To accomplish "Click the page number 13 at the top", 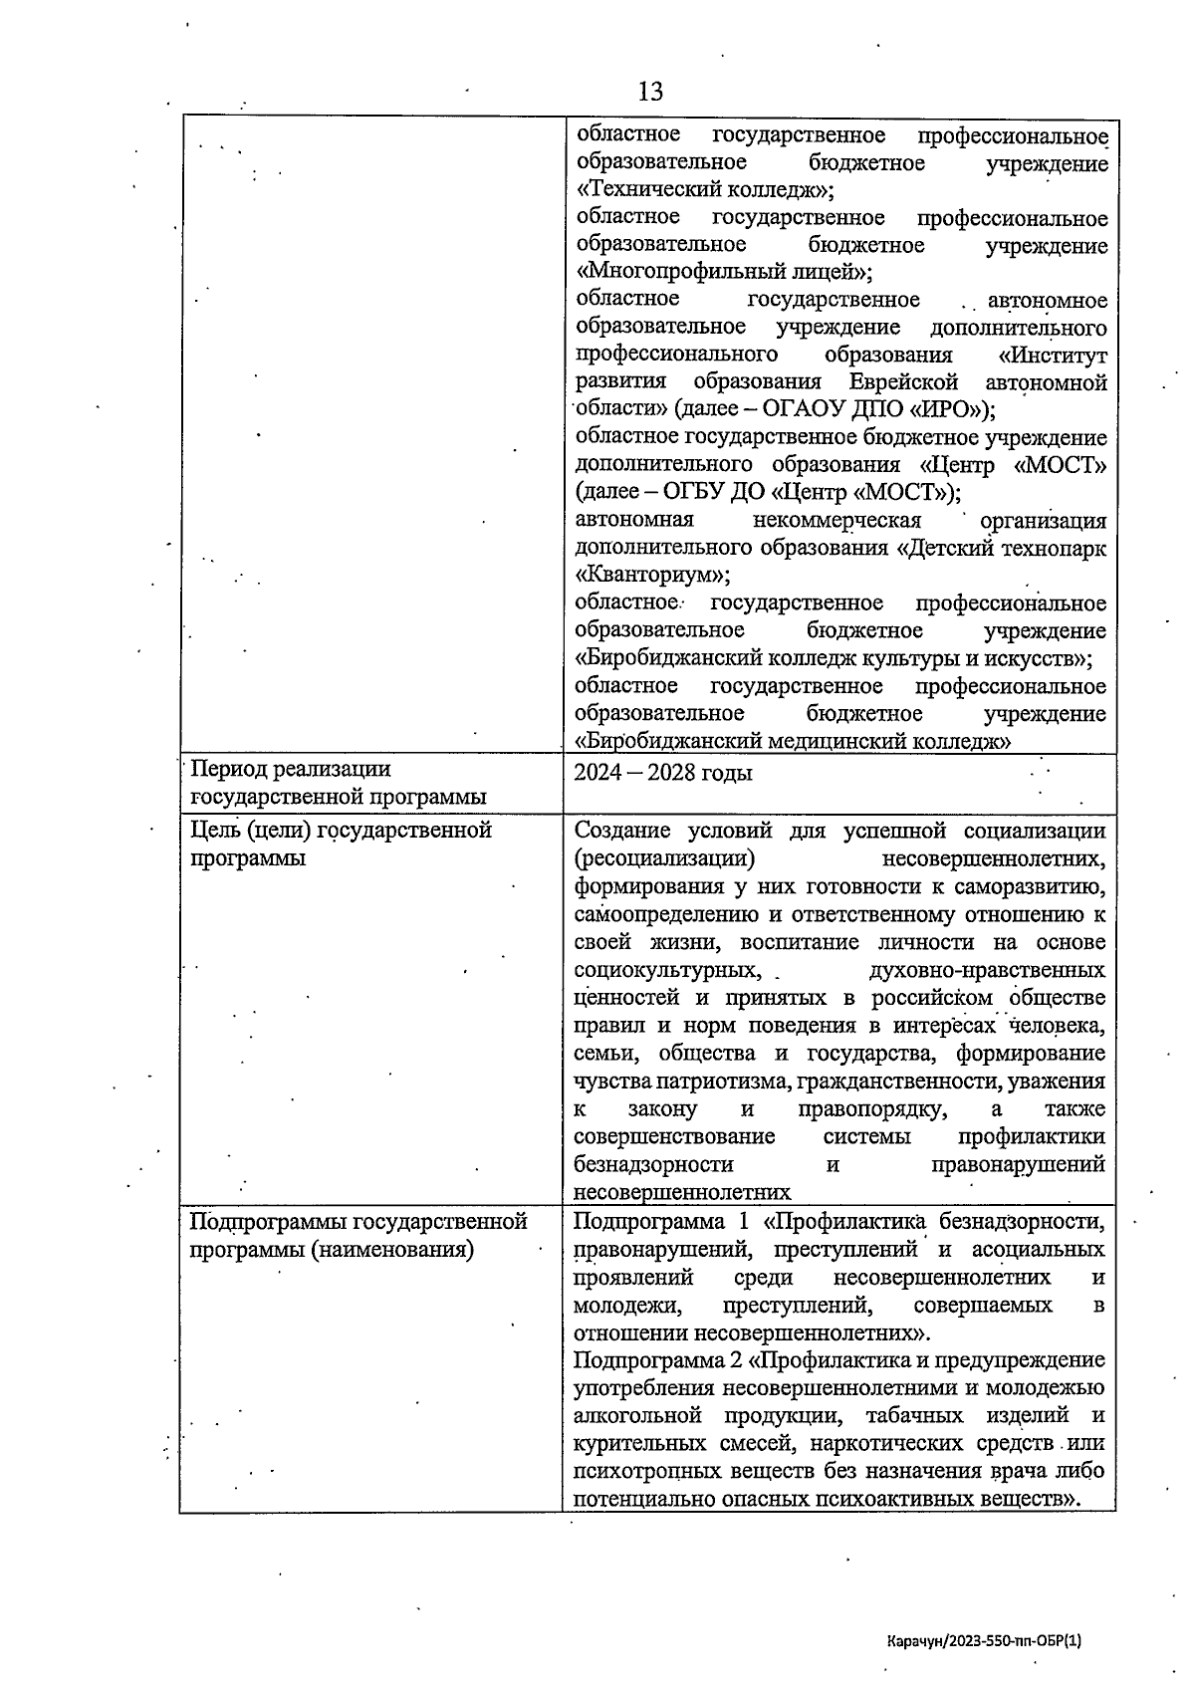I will tap(649, 93).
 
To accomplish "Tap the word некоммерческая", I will tap(836, 520).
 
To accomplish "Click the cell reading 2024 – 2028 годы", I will tap(663, 774).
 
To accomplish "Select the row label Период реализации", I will tap(291, 769).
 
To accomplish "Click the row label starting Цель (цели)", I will tap(341, 831).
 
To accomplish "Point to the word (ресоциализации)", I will tap(663, 858).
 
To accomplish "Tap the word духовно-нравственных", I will tap(986, 969).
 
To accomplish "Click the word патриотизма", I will tap(716, 1081).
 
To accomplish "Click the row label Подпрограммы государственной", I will tap(358, 1221).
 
